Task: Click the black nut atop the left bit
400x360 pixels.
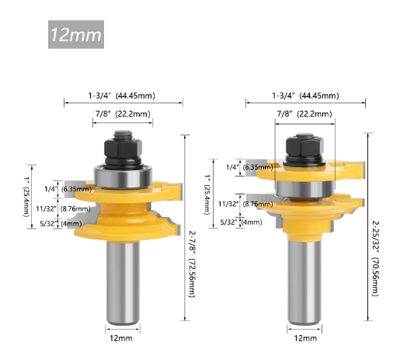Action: [x=123, y=145]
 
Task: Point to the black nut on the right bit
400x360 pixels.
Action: [x=305, y=145]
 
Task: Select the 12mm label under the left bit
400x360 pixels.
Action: [x=122, y=340]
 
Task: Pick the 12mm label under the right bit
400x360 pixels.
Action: [x=305, y=340]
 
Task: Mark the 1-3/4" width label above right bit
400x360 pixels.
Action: [x=305, y=96]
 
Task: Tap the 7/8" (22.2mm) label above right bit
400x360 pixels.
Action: [x=305, y=114]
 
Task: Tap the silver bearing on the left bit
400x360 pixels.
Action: [x=123, y=173]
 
